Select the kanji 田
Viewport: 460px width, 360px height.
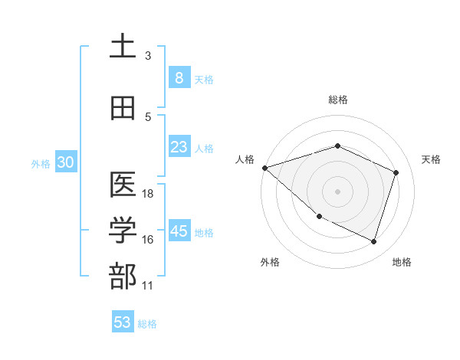123,109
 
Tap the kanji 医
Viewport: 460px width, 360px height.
123,185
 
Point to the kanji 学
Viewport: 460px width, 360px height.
123,231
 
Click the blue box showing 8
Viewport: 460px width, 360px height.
179,77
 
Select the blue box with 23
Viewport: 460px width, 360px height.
179,147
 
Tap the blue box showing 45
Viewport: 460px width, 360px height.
179,231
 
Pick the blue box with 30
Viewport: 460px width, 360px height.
65,162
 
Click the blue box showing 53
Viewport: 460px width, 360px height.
123,322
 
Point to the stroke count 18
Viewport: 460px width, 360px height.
148,194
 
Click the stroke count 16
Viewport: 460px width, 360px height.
148,240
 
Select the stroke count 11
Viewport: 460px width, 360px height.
148,286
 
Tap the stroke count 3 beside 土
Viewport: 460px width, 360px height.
148,56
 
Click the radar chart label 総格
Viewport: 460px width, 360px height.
337,100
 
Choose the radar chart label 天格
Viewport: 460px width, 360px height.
431,159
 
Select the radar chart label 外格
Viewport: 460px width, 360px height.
270,262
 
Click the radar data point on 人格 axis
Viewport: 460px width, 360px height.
264,167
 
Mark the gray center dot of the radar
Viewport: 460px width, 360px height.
337,191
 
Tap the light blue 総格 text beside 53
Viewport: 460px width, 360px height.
147,323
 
